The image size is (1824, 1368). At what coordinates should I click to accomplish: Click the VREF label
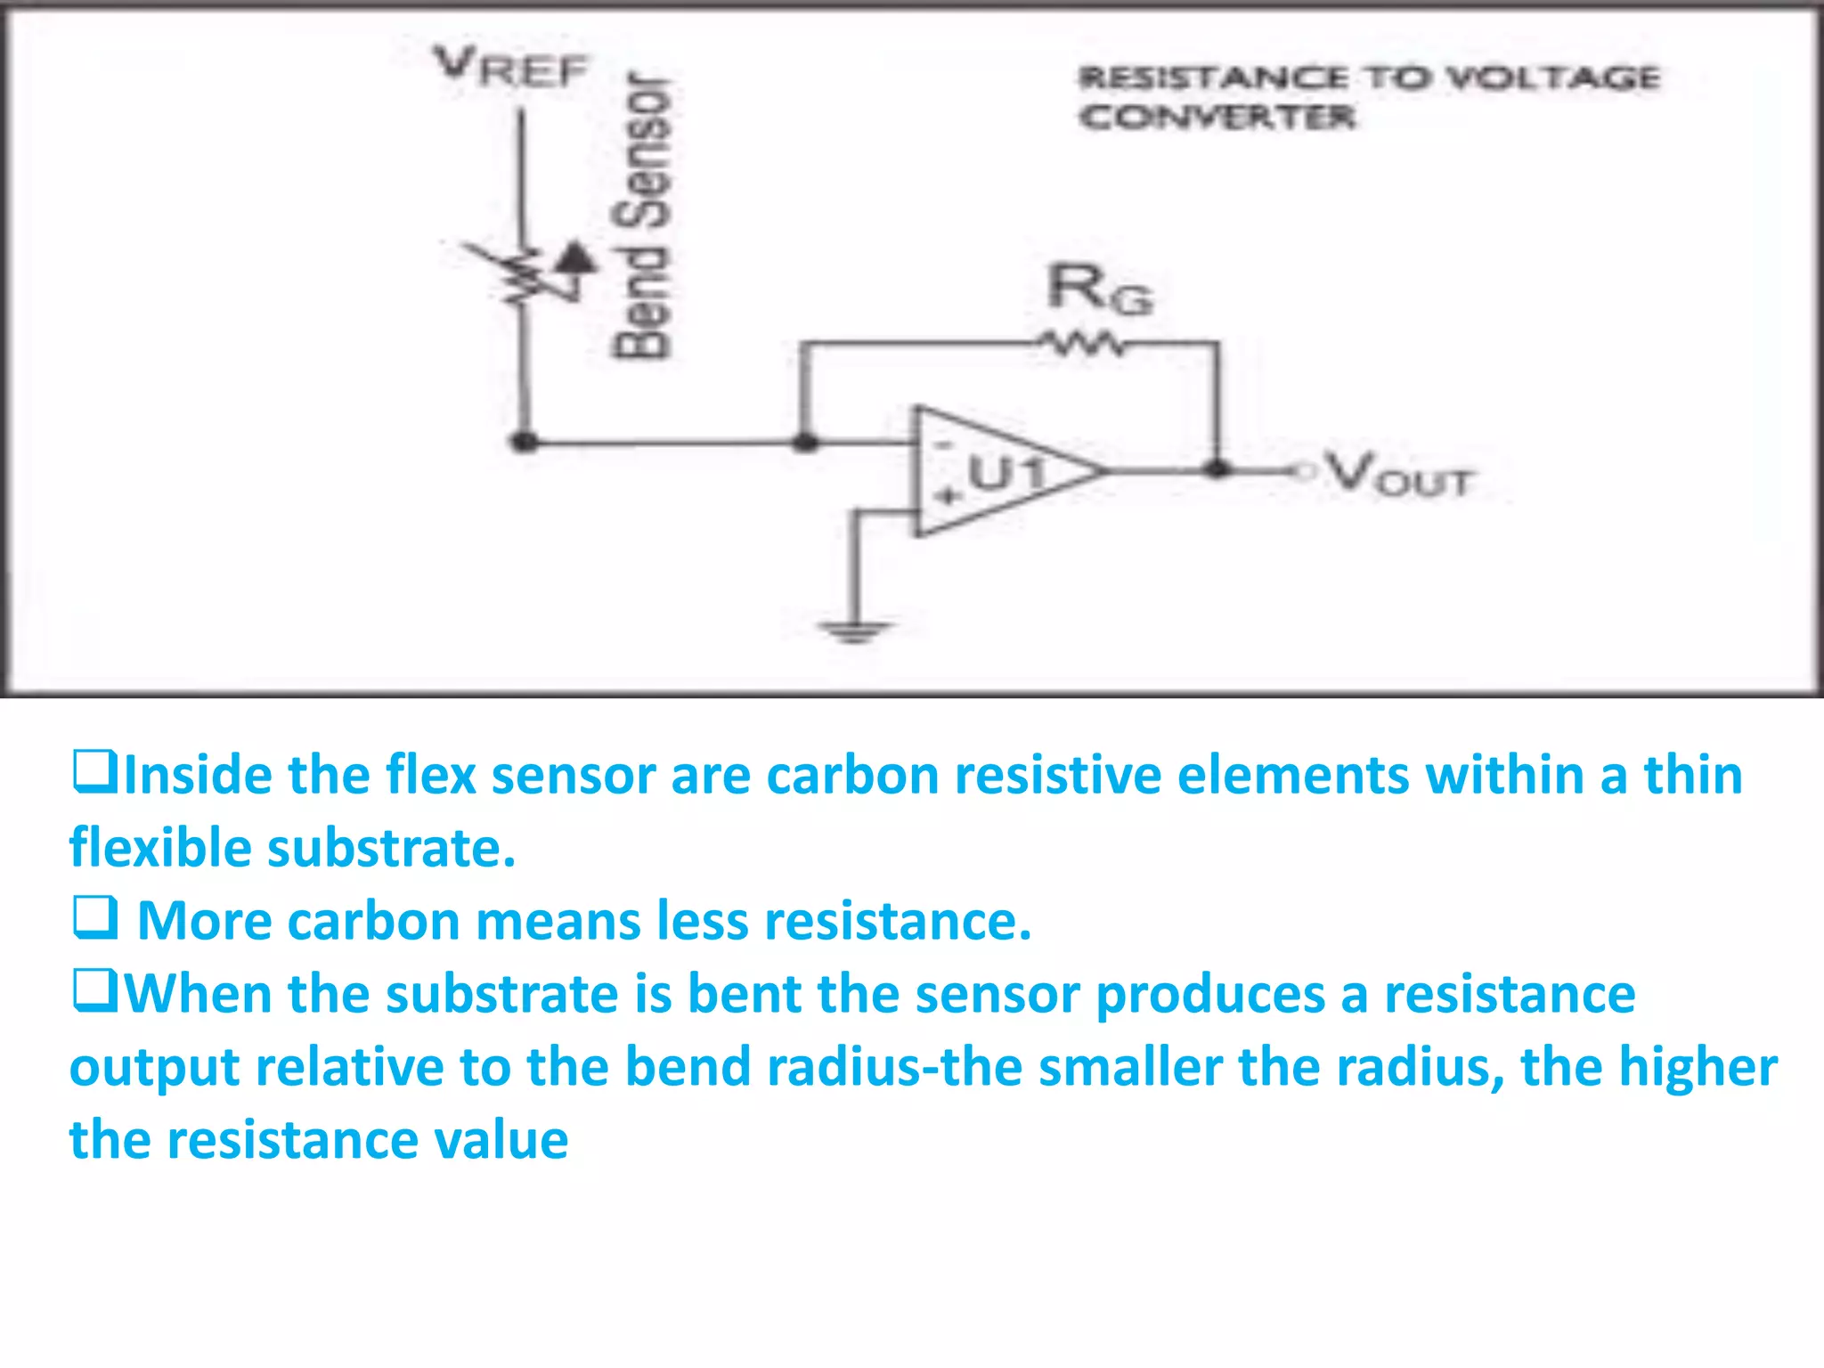(x=510, y=68)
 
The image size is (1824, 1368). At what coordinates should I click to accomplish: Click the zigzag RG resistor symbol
(x=1082, y=343)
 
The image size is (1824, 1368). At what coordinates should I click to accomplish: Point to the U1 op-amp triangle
(x=998, y=472)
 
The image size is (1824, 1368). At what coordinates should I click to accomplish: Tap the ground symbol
(x=853, y=631)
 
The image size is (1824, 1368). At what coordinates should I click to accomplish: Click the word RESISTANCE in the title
(x=1213, y=78)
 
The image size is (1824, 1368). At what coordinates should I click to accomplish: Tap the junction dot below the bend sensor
(x=525, y=441)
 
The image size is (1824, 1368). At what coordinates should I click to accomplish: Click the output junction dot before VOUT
(x=1217, y=469)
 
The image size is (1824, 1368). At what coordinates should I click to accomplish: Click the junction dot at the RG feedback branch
(x=805, y=442)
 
